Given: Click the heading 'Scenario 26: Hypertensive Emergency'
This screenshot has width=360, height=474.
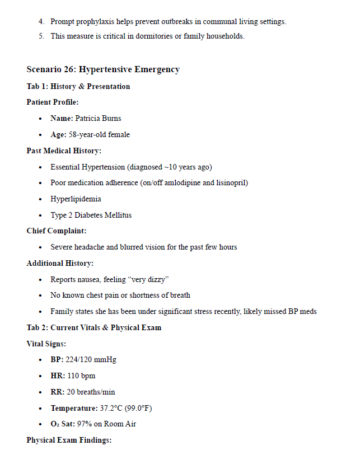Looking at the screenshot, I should (103, 69).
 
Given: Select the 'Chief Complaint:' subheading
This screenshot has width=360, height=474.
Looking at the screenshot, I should (57, 231).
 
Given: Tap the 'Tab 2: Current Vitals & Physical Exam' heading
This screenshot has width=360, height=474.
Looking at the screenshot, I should (93, 327).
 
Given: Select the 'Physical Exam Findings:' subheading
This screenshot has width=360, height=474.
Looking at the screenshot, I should (69, 440).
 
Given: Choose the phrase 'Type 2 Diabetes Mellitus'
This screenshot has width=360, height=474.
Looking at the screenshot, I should (91, 215).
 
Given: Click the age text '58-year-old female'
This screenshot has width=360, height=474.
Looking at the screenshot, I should (99, 134).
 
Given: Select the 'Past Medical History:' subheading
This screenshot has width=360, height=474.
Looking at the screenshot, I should (64, 151).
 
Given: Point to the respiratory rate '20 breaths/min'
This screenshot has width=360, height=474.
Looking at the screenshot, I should (91, 392).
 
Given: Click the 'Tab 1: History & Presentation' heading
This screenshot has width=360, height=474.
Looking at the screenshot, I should (78, 86).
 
